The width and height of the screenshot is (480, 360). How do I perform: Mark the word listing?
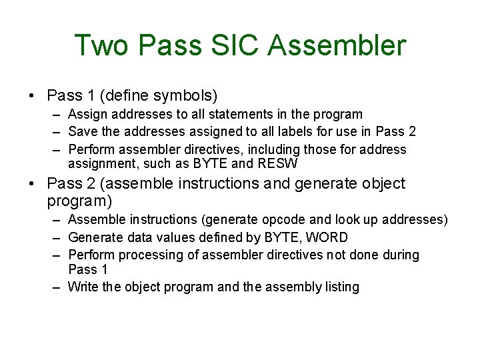tap(342, 287)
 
